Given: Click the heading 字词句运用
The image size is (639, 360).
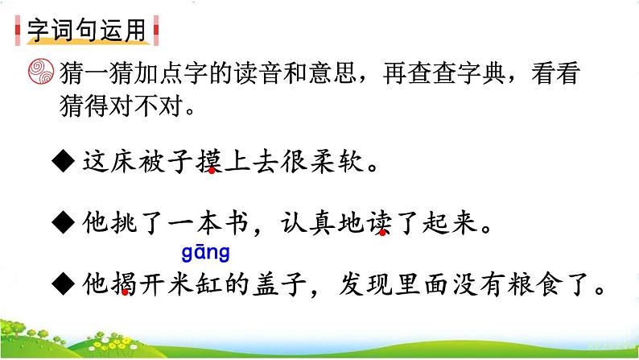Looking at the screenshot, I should click(88, 31).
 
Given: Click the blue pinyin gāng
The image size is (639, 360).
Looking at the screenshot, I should click(205, 254).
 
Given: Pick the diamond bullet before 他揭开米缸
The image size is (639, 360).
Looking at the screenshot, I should click(64, 283).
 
